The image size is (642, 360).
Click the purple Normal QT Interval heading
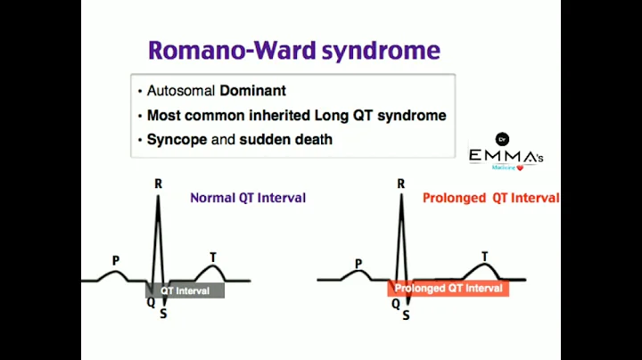[247, 198]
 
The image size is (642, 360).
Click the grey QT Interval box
[185, 290]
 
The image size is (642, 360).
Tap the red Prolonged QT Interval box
[449, 289]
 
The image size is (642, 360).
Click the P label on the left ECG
[115, 261]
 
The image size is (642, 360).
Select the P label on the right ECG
[358, 264]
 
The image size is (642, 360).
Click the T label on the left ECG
[212, 258]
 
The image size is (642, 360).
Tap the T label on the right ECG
[484, 257]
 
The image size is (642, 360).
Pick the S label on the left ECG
[163, 313]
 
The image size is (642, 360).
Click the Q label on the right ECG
[395, 303]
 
